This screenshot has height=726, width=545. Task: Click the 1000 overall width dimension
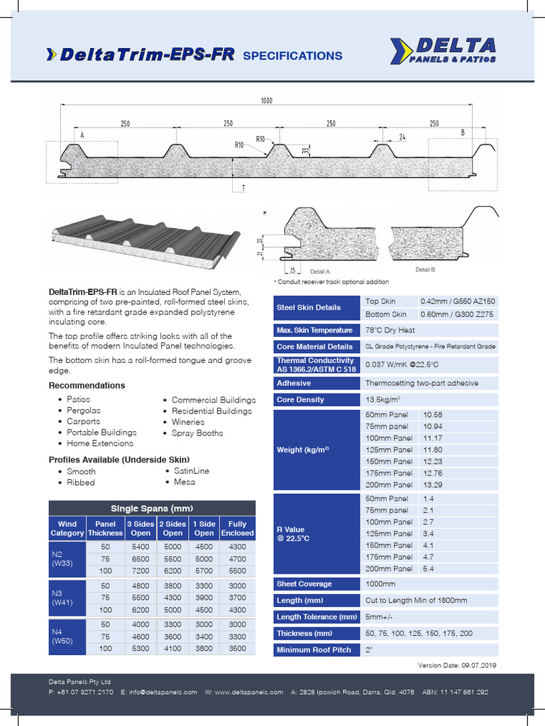pos(266,101)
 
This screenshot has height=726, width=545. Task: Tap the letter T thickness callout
pos(243,188)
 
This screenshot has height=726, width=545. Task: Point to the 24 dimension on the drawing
pos(402,136)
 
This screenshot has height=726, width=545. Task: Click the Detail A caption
pos(320,272)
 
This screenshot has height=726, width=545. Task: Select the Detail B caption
pos(424,270)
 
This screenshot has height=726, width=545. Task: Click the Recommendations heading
pos(87,386)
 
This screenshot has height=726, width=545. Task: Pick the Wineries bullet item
pos(187,422)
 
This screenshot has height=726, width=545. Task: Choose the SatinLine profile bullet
pos(192,471)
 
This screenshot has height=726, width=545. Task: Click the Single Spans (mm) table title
pos(152,508)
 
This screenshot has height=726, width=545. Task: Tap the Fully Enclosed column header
pos(237,528)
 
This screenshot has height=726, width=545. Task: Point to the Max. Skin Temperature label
pos(314,330)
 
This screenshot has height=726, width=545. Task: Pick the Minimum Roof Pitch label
pos(314,650)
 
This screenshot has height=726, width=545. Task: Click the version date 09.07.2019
pos(471,665)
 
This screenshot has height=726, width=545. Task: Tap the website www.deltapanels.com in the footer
pos(249,692)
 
